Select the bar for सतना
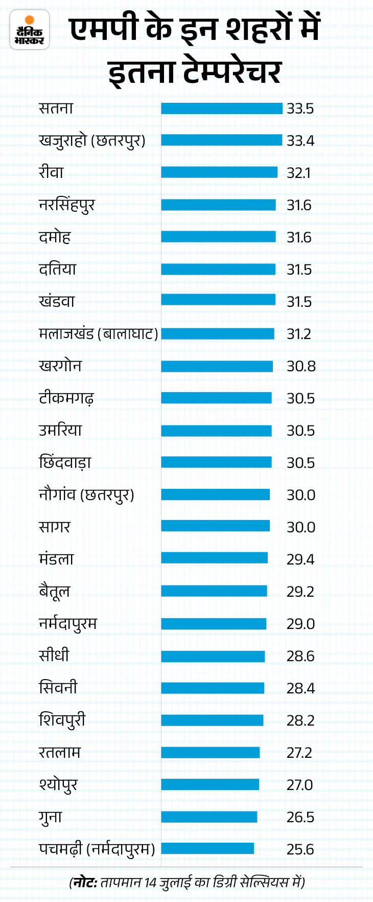(221, 108)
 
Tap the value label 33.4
(300, 141)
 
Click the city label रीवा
(51, 172)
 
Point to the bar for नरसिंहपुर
(218, 205)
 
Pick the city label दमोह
(55, 237)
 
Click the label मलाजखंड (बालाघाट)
(98, 334)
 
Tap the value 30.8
(301, 366)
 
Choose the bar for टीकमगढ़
(216, 398)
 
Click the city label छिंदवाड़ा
(65, 463)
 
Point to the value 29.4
(300, 559)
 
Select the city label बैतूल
(54, 592)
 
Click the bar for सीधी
(213, 656)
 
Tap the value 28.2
(300, 720)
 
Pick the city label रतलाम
(60, 753)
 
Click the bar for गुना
(209, 817)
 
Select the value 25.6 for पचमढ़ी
(300, 849)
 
